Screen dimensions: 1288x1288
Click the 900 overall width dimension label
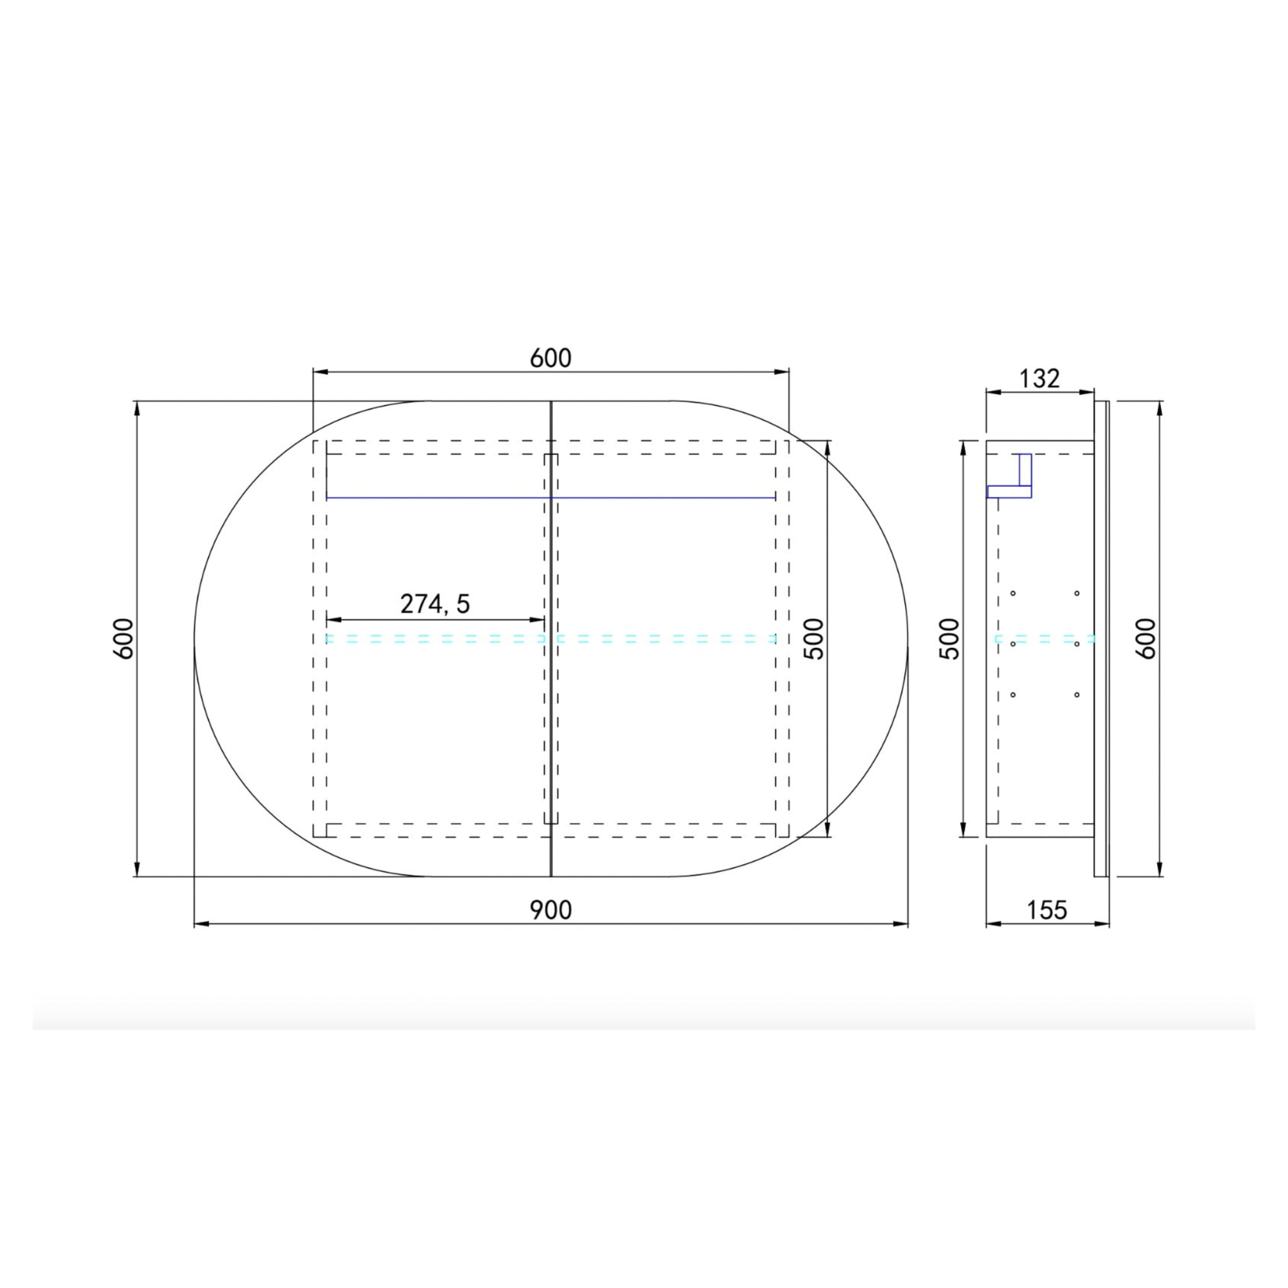tap(551, 910)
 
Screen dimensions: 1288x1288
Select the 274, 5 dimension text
tap(435, 604)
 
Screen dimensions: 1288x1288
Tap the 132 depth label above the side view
tap(1040, 379)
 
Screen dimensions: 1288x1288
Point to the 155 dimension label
tap(1046, 910)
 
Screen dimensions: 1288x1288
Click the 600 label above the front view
tap(551, 358)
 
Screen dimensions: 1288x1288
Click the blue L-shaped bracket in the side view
tap(1009, 491)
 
